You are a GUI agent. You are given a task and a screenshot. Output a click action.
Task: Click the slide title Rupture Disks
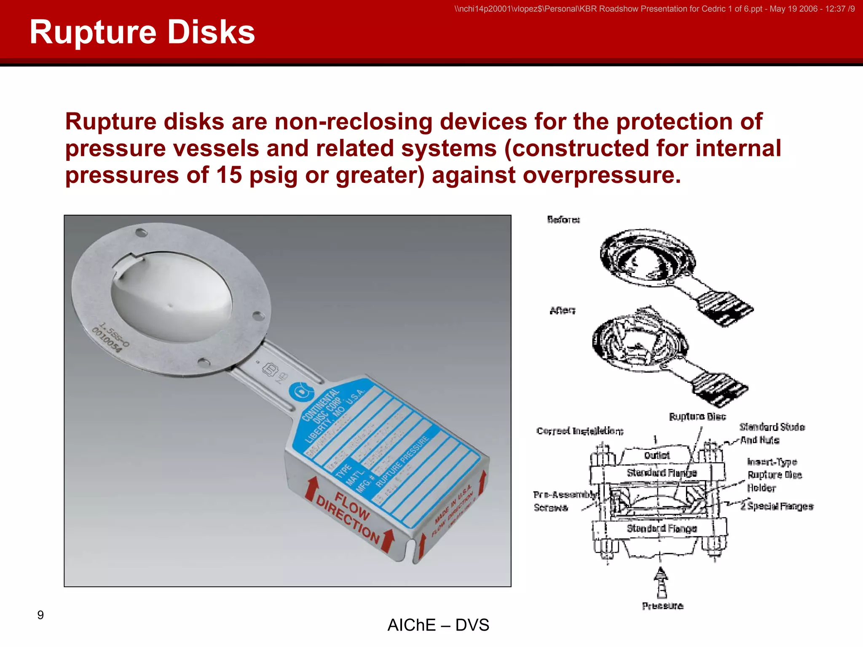(x=142, y=32)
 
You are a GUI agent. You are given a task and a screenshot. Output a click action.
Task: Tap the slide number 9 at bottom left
(x=40, y=615)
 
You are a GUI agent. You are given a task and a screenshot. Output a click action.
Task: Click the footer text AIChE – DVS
(x=438, y=625)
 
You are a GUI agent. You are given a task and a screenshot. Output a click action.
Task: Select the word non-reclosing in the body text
(x=353, y=122)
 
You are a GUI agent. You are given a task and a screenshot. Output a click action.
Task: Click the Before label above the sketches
(x=563, y=219)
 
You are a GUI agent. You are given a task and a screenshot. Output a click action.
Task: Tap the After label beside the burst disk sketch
(x=563, y=310)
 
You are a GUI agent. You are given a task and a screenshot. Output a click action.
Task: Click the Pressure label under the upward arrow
(x=662, y=606)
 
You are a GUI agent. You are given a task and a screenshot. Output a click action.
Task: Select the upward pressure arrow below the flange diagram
(x=661, y=583)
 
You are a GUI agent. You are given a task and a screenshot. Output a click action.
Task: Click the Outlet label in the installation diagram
(x=657, y=455)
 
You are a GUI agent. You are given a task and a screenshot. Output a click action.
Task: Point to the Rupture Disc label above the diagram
(x=697, y=417)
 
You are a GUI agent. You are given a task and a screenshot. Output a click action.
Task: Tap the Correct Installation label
(x=580, y=431)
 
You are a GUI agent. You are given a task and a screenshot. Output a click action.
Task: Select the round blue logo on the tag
(x=301, y=392)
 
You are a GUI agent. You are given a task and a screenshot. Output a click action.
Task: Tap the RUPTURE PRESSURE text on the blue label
(x=402, y=461)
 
